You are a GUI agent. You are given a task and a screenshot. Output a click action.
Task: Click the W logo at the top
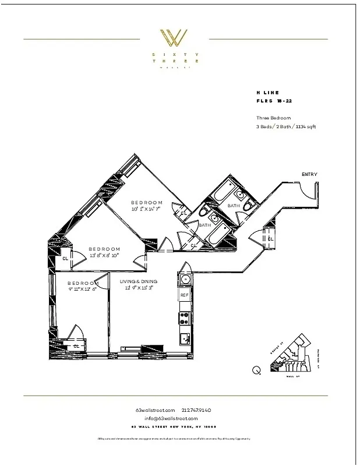[174, 38]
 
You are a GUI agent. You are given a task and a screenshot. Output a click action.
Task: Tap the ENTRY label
[310, 174]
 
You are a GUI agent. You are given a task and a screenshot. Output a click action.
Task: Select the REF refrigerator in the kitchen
[185, 295]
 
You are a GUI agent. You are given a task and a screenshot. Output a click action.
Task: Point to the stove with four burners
[185, 318]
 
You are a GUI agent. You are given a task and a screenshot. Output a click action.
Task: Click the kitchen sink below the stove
[185, 338]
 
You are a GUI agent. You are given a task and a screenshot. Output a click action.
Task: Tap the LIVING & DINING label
[139, 281]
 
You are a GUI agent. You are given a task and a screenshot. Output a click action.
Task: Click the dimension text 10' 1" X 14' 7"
[146, 209]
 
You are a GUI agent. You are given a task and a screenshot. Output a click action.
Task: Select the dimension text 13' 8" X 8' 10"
[105, 255]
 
